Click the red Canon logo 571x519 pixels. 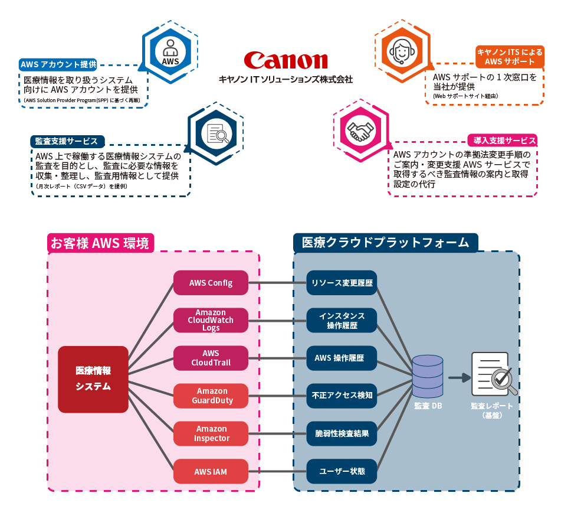(285, 60)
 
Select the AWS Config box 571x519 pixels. (211, 283)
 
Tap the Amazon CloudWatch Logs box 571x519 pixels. (211, 320)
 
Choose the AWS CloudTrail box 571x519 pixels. (211, 358)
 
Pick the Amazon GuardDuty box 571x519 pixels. (211, 396)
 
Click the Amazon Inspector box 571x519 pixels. (211, 433)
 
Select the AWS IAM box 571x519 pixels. (211, 471)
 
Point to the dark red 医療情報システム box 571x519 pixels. (93, 379)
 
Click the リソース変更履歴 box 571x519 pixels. (342, 283)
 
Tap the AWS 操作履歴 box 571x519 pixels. (342, 358)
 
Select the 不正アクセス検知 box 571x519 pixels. (342, 396)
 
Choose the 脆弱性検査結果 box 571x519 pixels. (342, 433)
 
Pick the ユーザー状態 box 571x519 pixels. (342, 471)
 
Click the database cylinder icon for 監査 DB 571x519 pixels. (428, 376)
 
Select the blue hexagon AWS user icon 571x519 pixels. (170, 53)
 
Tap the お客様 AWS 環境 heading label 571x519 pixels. (100, 242)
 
